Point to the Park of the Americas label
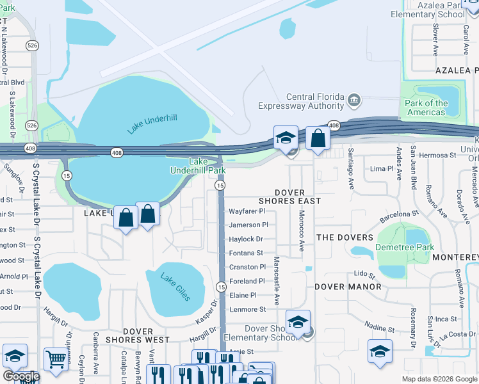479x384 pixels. coord(426,108)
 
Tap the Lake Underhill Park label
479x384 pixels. coord(198,166)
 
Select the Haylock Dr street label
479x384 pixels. coord(246,239)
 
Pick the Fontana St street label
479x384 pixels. coord(247,253)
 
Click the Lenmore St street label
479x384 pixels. coord(247,309)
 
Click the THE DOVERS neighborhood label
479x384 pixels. coord(344,237)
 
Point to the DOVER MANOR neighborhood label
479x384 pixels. coord(348,287)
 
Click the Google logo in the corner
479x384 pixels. coord(20,376)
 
